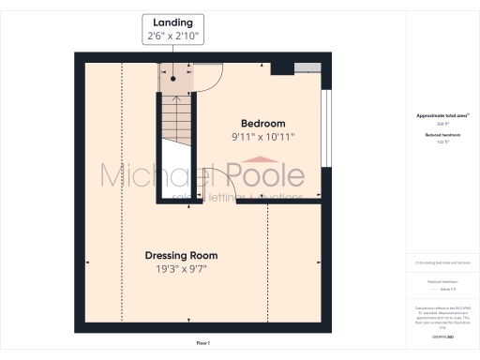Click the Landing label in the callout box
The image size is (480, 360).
coord(172,22)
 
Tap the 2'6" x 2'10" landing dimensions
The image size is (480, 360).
coord(172,36)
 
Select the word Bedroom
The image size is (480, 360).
coord(262,124)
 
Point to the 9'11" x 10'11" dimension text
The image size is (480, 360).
coord(262,137)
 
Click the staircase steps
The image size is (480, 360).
coord(172,117)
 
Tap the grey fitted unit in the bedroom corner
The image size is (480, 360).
coord(306,67)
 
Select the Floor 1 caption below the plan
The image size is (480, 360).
coord(202,344)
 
